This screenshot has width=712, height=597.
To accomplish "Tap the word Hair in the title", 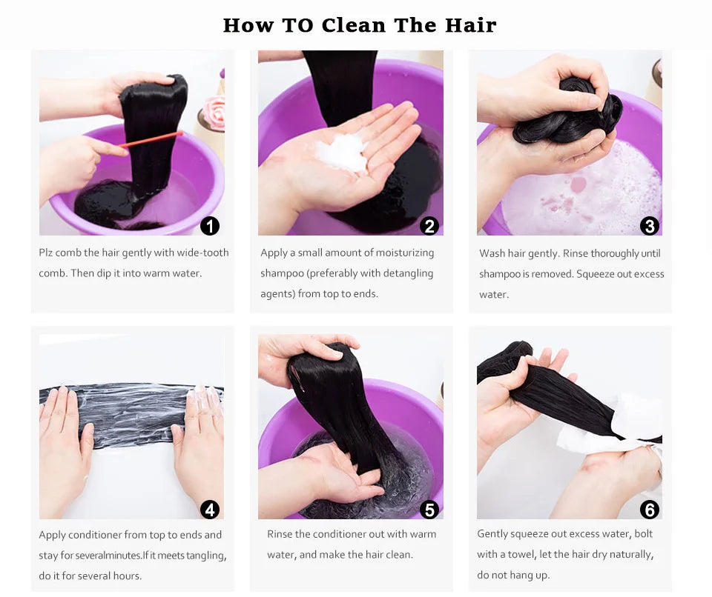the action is [x=470, y=25].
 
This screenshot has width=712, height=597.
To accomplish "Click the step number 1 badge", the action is [x=210, y=225].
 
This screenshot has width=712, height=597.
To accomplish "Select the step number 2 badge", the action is [x=429, y=225].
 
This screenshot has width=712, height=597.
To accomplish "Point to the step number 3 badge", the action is [x=650, y=225].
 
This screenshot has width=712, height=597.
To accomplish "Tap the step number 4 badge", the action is [x=210, y=510].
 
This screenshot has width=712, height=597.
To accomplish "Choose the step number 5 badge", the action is [x=429, y=510].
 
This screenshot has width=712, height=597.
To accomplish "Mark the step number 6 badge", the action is [x=650, y=510].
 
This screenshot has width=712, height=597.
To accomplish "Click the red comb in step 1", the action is [x=150, y=140].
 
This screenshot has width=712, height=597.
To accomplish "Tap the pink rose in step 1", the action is [x=214, y=112].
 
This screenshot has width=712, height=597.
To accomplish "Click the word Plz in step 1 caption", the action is [x=46, y=253].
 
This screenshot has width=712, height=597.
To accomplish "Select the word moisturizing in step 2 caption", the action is [x=403, y=253].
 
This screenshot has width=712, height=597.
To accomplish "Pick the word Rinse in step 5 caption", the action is [x=280, y=534].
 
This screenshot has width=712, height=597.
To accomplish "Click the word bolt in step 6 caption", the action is [x=644, y=533].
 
